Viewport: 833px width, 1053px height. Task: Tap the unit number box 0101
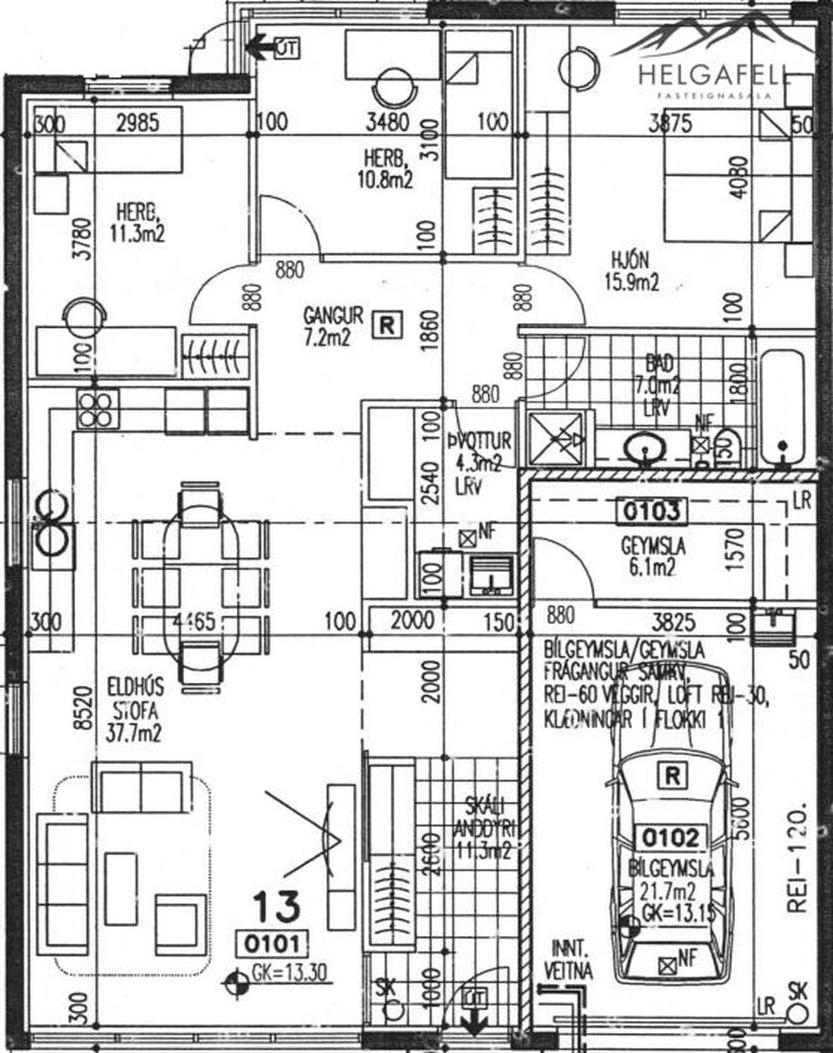pos(271,944)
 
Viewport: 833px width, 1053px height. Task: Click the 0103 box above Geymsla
pos(651,511)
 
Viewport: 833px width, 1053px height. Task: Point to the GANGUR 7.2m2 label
pos(333,326)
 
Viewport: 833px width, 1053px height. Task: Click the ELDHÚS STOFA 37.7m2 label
pos(135,710)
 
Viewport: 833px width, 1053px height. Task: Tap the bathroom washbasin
pos(646,448)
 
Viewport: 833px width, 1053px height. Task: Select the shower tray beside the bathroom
pos(558,439)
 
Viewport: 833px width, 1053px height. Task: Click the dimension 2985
pos(137,123)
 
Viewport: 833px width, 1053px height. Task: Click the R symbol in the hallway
pos(387,324)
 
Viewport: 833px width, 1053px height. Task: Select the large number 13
pos(277,907)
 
